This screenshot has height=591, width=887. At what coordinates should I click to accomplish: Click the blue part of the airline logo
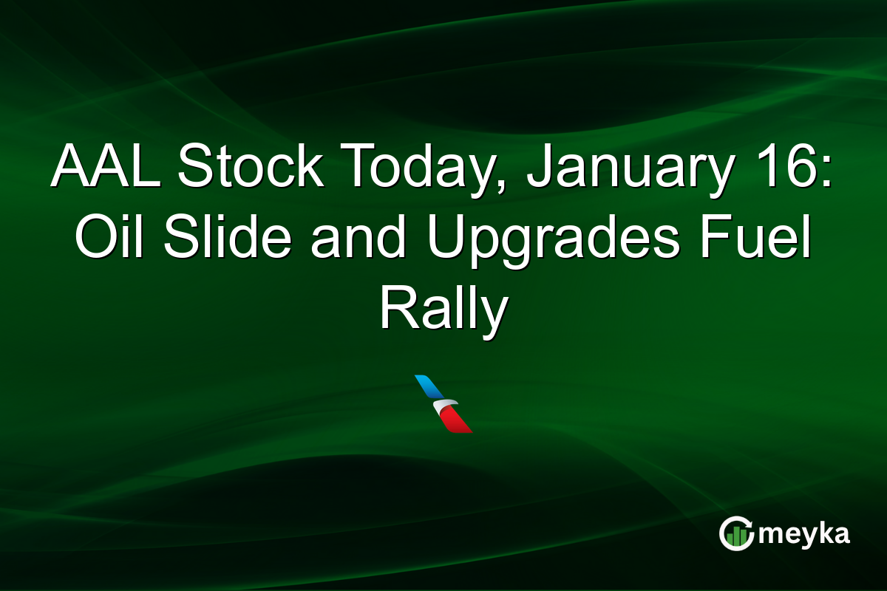coord(428,386)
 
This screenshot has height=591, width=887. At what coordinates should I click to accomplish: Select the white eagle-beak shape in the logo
coord(446,406)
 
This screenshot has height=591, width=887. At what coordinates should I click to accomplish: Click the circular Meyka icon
coord(737,533)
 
